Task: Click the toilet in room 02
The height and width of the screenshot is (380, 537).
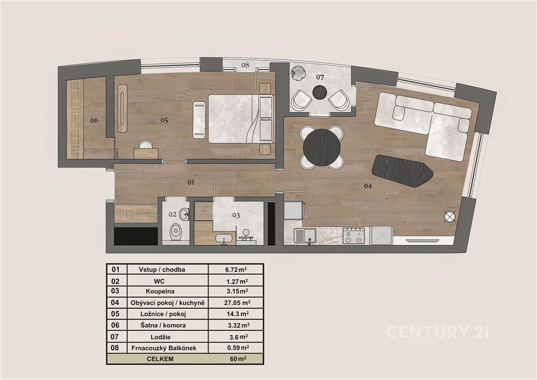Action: (x=176, y=231)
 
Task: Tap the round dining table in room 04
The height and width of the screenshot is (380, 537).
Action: (x=321, y=147)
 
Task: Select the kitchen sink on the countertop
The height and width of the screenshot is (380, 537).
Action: (x=306, y=236)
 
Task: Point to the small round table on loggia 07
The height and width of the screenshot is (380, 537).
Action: (x=320, y=92)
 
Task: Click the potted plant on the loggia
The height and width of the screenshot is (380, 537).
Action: (x=297, y=73)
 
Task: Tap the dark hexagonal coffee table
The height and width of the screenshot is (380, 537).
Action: (x=402, y=171)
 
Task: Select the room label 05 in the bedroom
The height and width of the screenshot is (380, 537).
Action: (x=164, y=120)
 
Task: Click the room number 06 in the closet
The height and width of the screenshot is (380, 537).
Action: (x=94, y=120)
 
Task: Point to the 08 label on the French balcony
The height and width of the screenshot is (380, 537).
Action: (x=245, y=65)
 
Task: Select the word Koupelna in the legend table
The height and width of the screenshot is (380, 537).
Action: (x=160, y=292)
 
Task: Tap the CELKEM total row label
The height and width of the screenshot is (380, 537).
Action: (x=160, y=359)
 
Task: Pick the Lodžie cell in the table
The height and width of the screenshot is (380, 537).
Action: (x=160, y=337)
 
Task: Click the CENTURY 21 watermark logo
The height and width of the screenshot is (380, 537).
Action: (x=439, y=332)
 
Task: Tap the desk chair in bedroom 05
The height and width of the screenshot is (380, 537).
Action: (x=146, y=144)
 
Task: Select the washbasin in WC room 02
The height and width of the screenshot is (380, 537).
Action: (x=184, y=214)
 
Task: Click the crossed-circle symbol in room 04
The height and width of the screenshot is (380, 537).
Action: (x=449, y=217)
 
